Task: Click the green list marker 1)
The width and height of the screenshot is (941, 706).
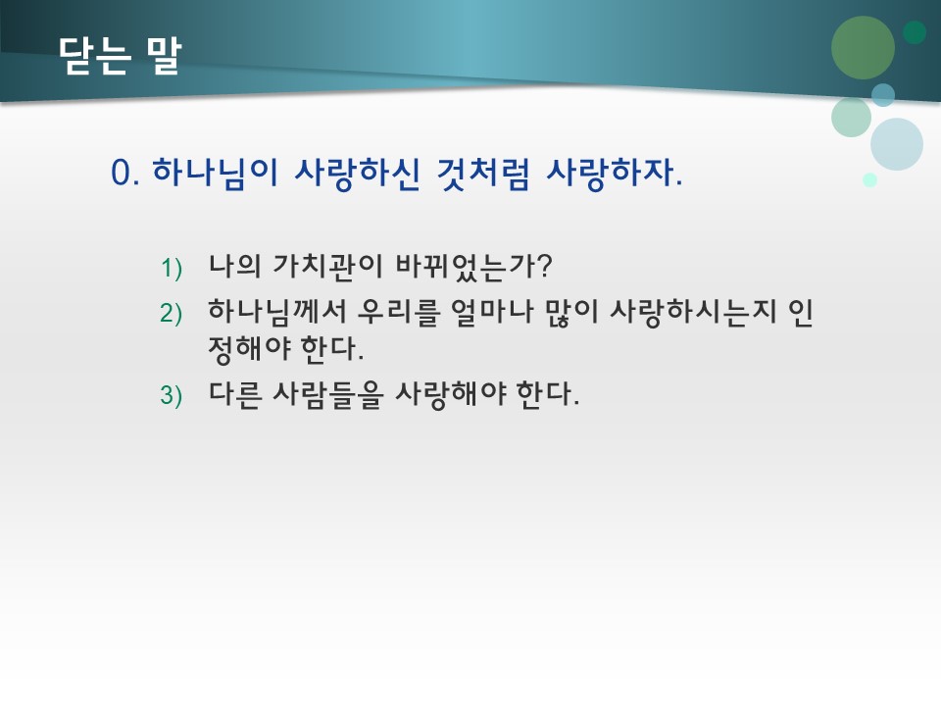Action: [x=172, y=268]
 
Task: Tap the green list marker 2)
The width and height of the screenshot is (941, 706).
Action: [x=172, y=313]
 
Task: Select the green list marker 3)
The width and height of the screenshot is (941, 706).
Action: [x=172, y=396]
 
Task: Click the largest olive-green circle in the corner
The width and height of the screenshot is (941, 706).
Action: [x=863, y=47]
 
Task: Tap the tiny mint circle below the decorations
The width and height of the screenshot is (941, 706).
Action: [x=869, y=179]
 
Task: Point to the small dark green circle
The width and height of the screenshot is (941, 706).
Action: [x=915, y=32]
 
